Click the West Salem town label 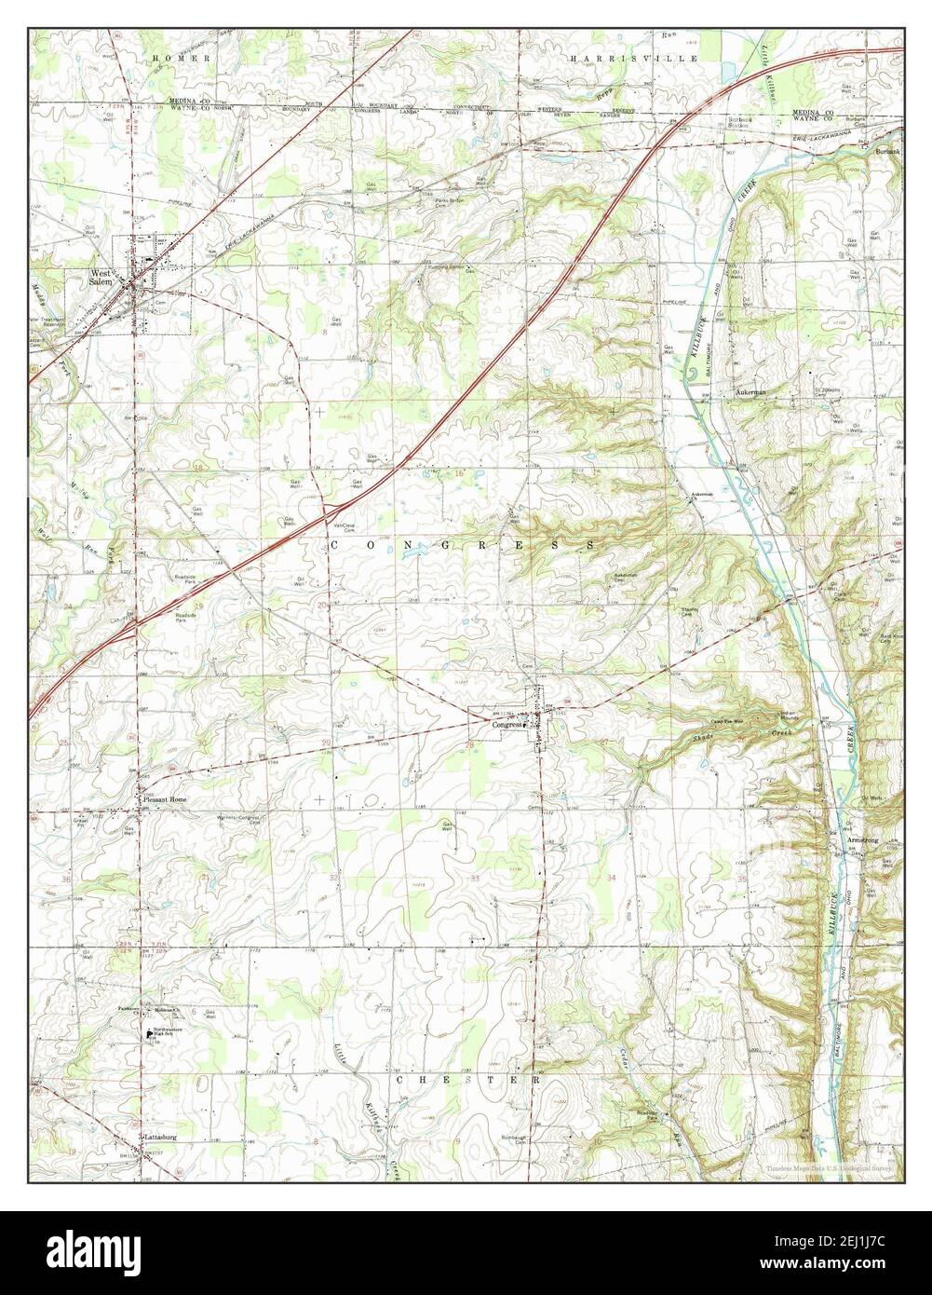[101, 278]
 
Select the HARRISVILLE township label [634, 58]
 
